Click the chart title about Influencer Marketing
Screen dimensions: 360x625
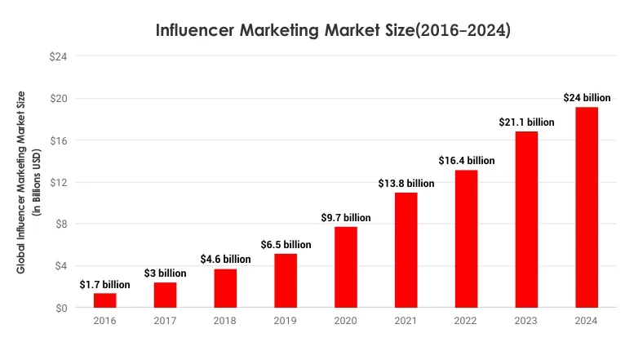[x=334, y=31]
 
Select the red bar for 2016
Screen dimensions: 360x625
[x=104, y=300]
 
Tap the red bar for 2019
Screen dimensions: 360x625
[x=286, y=281]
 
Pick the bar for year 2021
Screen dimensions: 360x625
[x=406, y=250]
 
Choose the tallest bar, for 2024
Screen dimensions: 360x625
[x=586, y=207]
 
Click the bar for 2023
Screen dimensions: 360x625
[x=526, y=219]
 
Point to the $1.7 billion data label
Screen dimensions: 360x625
[x=104, y=285]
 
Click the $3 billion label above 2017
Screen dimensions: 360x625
[x=166, y=273]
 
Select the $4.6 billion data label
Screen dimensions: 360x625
[x=225, y=260]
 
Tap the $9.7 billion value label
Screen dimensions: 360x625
[x=345, y=218]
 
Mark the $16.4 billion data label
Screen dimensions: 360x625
[x=466, y=161]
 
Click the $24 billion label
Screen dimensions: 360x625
[x=586, y=98]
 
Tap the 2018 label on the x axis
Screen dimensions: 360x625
[x=225, y=322]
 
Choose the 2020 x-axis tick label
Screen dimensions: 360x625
[x=345, y=322]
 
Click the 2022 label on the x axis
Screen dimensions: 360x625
[x=466, y=322]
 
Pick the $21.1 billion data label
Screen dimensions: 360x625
[x=526, y=122]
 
